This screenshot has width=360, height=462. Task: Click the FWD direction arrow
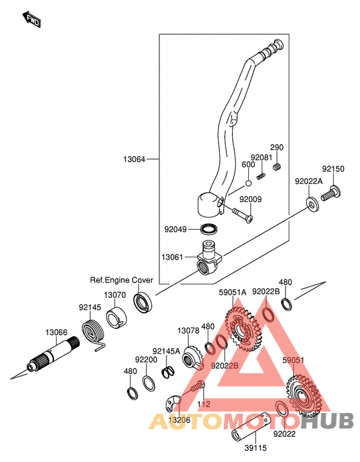coord(32,19)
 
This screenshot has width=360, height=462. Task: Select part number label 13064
coord(134,160)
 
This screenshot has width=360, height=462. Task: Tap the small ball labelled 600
coord(248,183)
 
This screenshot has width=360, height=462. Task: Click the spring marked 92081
coord(261,176)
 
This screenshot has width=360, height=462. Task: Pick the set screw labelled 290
coord(276,167)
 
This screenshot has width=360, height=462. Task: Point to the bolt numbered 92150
coord(331,193)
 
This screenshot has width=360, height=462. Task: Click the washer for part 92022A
coord(312,204)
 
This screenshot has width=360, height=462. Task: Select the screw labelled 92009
coord(242,216)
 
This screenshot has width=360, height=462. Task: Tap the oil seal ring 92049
coord(210,229)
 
